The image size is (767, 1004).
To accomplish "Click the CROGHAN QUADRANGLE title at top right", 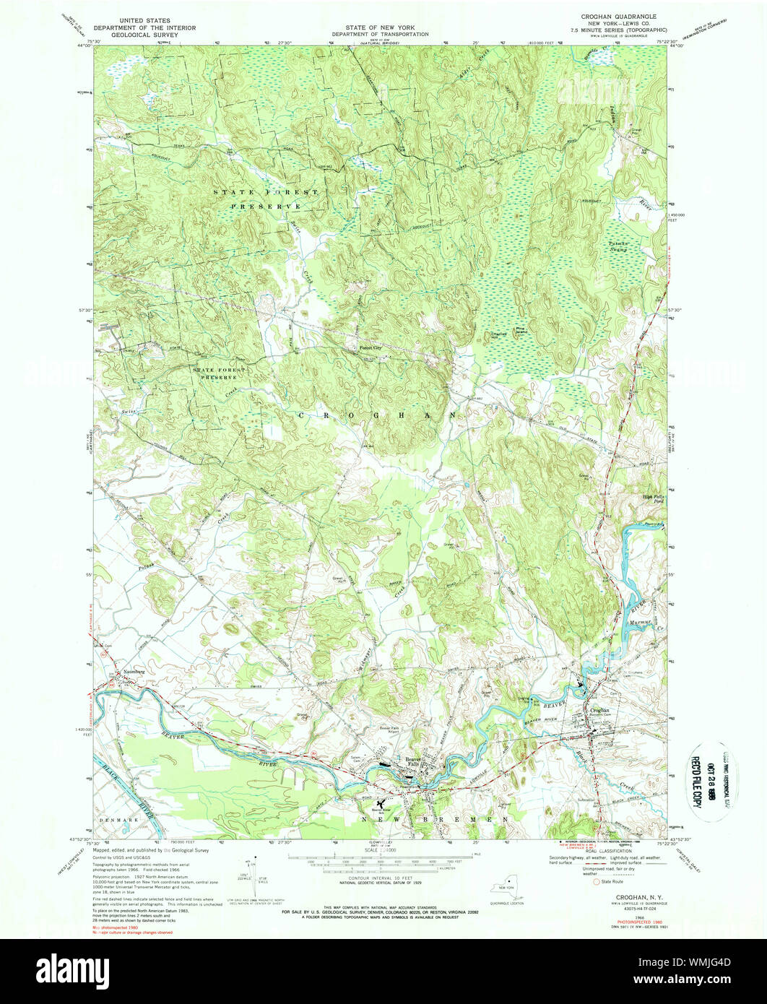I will click(617, 16).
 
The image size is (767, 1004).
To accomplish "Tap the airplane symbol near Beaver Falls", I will click(381, 802).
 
